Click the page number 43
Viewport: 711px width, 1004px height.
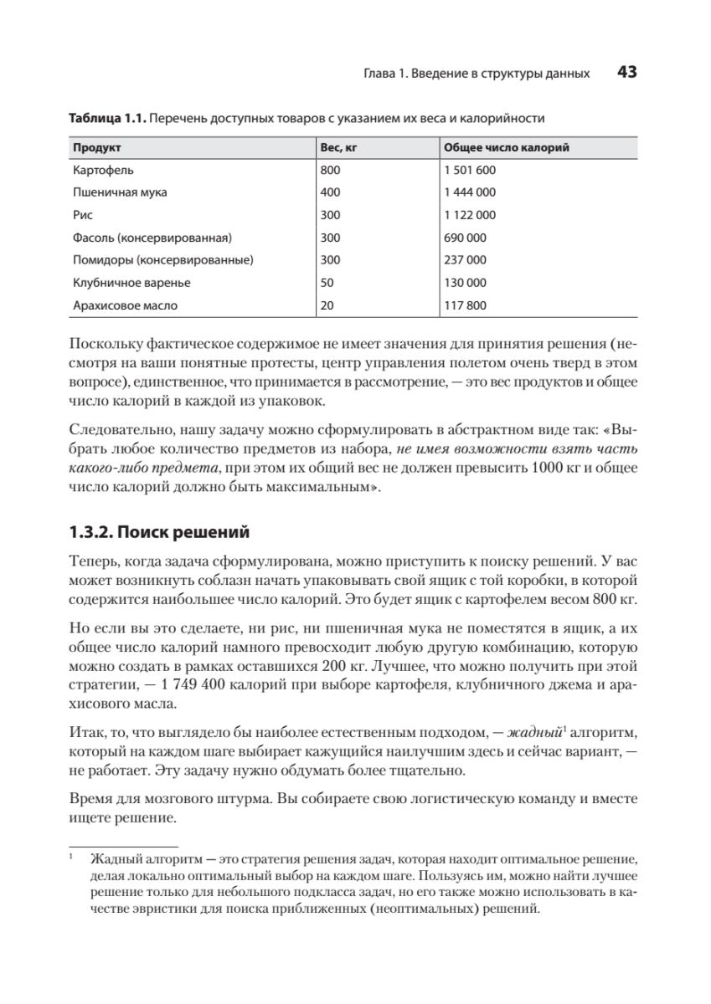628,72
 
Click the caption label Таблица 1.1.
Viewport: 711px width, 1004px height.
106,118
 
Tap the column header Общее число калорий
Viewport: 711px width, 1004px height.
506,147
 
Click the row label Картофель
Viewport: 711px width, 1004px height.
100,169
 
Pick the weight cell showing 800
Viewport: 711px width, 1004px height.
331,169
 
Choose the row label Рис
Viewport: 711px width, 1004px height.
82,214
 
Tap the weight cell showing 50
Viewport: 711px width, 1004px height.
327,283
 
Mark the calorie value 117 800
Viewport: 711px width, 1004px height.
465,305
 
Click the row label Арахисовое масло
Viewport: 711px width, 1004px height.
126,305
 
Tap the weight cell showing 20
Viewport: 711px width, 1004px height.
327,305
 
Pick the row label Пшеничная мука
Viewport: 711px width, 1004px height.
120,192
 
